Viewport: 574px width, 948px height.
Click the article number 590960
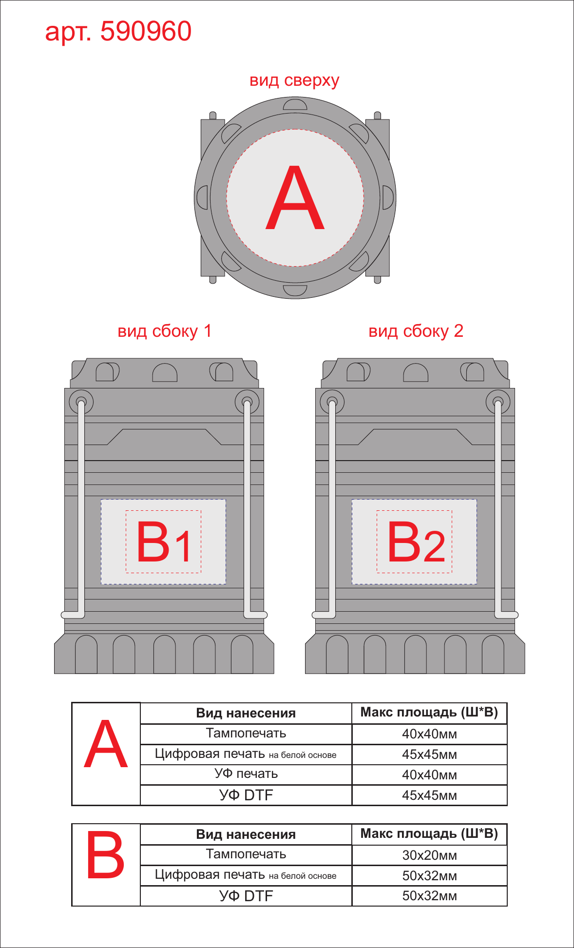tap(146, 31)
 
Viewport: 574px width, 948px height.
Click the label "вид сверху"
tap(294, 80)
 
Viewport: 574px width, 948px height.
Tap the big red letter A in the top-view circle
tap(295, 197)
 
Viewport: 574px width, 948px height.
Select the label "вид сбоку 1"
tap(165, 331)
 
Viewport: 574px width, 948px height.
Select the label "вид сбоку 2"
tap(416, 331)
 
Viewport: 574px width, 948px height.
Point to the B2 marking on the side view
tap(416, 542)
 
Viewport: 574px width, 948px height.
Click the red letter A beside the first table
tap(106, 744)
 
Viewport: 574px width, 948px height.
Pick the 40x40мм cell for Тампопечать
tap(429, 734)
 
